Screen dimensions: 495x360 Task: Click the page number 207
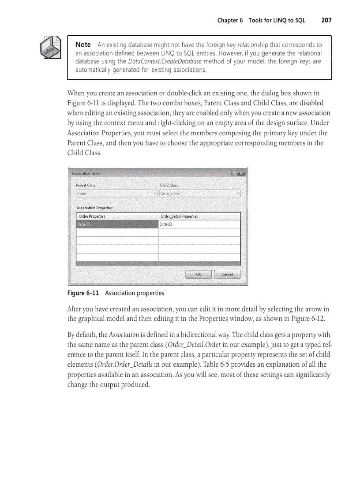pyautogui.click(x=326, y=20)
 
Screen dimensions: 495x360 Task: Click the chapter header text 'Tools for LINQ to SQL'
pyautogui.click(x=277, y=20)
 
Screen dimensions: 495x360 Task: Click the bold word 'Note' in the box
pyautogui.click(x=83, y=45)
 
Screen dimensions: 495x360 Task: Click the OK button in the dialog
pyautogui.click(x=198, y=274)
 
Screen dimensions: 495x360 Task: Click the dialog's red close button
pyautogui.click(x=241, y=173)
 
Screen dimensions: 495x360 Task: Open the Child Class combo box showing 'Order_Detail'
pyautogui.click(x=200, y=194)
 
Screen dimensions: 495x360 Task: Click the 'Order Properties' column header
pyautogui.click(x=92, y=216)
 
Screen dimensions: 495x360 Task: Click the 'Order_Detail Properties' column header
pyautogui.click(x=179, y=216)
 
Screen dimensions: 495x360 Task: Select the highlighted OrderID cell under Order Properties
pyautogui.click(x=117, y=224)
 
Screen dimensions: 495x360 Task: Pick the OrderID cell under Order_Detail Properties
pyautogui.click(x=199, y=224)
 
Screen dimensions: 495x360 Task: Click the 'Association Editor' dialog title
pyautogui.click(x=86, y=173)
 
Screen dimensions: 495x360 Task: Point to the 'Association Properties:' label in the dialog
pyautogui.click(x=95, y=207)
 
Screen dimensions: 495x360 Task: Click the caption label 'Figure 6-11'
pyautogui.click(x=83, y=293)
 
